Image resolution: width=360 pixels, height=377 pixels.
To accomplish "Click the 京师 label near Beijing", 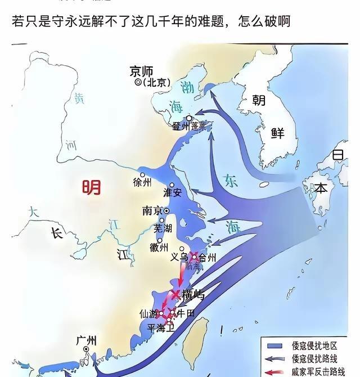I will point(141,71).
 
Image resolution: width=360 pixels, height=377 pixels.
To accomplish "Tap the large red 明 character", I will point(91,186).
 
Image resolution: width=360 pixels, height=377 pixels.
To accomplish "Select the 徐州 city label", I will point(142,182).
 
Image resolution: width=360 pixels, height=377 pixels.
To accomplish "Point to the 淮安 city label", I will point(172,192).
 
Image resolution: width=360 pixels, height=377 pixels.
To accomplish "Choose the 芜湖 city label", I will point(163,228).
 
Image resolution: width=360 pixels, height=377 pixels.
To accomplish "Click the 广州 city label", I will point(86,340).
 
